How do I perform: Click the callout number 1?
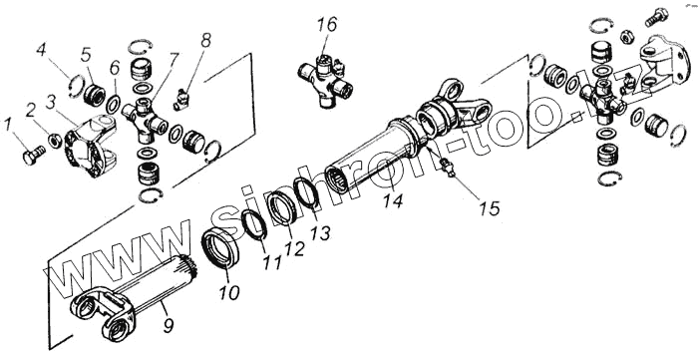8,125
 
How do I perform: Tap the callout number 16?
328,25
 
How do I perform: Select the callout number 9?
168,326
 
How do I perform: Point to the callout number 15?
490,208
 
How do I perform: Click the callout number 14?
393,200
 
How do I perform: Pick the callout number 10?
229,292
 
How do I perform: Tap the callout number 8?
205,40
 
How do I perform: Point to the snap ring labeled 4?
77,87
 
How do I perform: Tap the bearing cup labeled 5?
95,95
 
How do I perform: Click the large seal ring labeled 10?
220,247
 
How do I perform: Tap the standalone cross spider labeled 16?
325,80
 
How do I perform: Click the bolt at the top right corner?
656,17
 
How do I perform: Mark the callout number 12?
294,248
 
